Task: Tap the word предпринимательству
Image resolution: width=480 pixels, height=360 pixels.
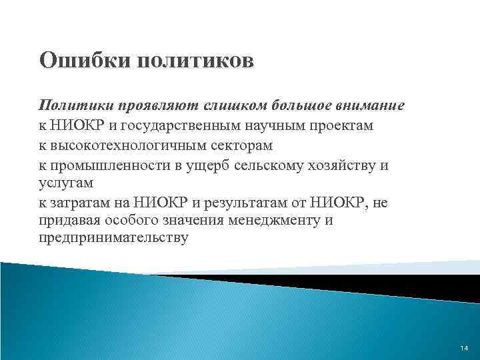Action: coord(113,237)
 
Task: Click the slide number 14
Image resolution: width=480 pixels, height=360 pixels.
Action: coord(464,349)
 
